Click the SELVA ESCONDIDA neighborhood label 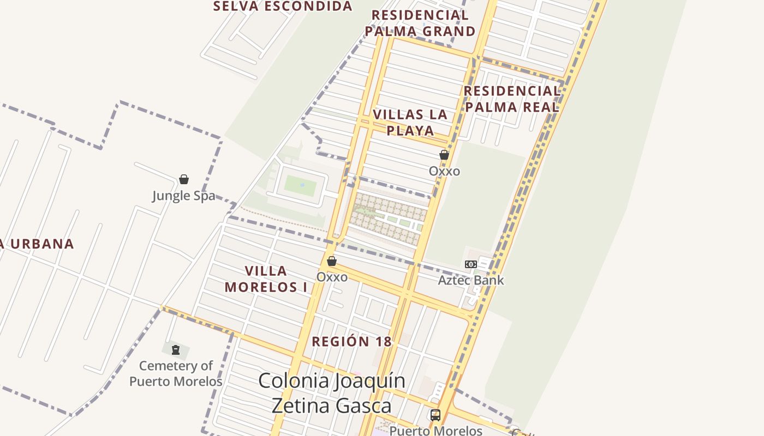coord(283,6)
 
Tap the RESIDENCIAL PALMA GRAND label coord(420,23)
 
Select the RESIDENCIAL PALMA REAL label coord(512,99)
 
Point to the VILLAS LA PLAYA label coord(410,123)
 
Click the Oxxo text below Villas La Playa coord(444,171)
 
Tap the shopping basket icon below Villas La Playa coord(444,155)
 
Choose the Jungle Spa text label coord(183,196)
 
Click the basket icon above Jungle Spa coord(184,179)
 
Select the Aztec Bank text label coord(471,280)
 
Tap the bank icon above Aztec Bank coord(470,264)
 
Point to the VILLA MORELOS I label coord(266,278)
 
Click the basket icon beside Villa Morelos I coord(331,261)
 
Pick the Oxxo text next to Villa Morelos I coord(332,277)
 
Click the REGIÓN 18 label coord(351,342)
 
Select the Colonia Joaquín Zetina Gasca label coord(332,393)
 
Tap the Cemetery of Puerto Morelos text coord(176,373)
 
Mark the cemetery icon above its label coord(176,349)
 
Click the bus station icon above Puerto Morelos coord(435,415)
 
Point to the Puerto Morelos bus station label coord(435,431)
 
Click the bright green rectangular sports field coord(300,186)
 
